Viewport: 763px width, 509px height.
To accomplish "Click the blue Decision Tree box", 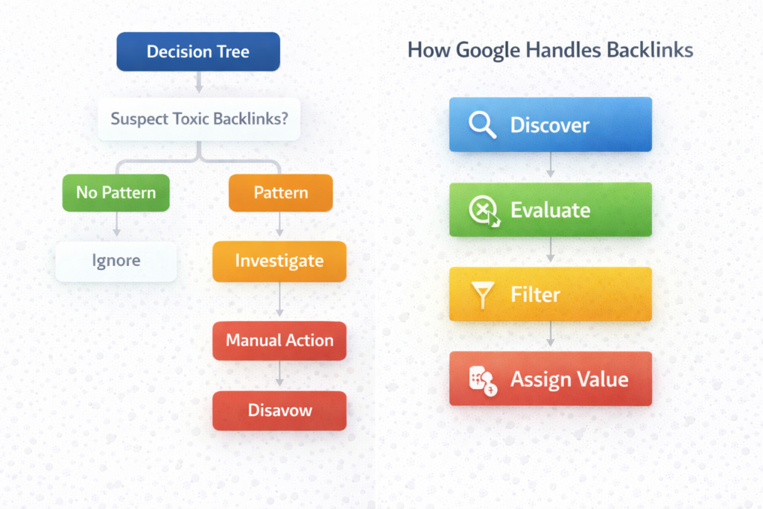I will point(198,52).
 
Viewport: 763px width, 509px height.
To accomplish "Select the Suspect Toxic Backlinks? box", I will point(199,119).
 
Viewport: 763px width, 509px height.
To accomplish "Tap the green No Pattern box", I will point(115,192).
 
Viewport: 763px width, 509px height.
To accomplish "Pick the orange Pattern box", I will point(280,192).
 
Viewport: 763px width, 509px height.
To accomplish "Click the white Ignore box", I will point(116,262).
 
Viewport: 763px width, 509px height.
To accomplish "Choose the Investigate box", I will point(279,262).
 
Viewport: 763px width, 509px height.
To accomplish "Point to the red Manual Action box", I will point(279,341).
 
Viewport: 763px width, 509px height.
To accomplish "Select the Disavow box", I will point(279,411).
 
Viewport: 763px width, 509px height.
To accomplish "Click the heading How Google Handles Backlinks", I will point(551,51).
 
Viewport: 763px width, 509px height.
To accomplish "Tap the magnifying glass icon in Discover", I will point(482,125).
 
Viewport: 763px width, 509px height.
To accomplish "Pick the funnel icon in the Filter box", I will point(483,295).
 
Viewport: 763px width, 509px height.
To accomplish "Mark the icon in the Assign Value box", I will point(482,379).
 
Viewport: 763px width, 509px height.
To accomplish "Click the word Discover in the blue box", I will point(549,125).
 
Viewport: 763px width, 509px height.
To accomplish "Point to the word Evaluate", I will point(550,210).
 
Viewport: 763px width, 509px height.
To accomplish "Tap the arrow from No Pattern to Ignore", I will point(116,225).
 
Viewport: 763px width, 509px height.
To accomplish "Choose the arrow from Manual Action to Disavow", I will point(279,376).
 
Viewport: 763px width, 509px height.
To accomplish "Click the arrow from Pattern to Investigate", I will point(279,224).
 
